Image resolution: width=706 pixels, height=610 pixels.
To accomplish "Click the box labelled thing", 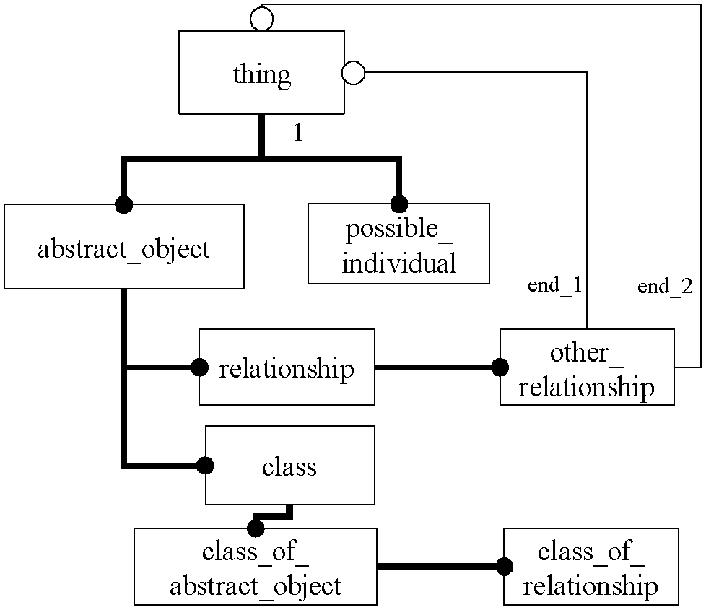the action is click(x=261, y=72).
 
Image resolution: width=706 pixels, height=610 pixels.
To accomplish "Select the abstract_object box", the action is click(x=124, y=246).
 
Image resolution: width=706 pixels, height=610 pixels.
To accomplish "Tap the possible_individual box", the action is click(x=398, y=243).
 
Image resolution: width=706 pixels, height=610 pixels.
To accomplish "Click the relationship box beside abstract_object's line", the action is click(x=287, y=367).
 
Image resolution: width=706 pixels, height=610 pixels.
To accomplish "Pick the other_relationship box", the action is click(x=587, y=367).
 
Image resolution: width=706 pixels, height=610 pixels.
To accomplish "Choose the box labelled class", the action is click(x=290, y=465).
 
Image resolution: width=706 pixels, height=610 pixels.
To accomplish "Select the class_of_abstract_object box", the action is click(x=256, y=567).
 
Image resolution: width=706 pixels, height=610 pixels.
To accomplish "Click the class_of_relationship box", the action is click(x=590, y=567).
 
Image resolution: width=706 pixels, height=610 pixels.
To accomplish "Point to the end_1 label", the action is click(x=554, y=285).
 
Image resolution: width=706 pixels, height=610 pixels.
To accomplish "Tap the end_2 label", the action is click(x=665, y=287).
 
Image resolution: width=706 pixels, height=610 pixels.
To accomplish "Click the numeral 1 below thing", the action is click(x=298, y=133).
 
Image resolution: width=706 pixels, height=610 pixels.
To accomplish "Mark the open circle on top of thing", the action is click(x=261, y=19).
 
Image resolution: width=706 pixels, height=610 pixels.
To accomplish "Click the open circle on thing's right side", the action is click(x=354, y=72).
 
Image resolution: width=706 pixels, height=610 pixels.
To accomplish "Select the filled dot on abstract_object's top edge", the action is click(x=124, y=205).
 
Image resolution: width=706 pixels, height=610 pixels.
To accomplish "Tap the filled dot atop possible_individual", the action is click(x=399, y=204).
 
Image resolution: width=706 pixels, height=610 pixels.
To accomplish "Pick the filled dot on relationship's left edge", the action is click(x=199, y=367).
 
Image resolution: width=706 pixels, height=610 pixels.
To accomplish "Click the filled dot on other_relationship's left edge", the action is click(x=500, y=367).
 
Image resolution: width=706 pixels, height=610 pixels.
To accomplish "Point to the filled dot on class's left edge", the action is click(x=205, y=466).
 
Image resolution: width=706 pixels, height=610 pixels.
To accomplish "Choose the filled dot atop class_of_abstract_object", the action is click(x=256, y=528).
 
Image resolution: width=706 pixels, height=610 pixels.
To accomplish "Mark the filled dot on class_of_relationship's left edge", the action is click(x=505, y=567).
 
